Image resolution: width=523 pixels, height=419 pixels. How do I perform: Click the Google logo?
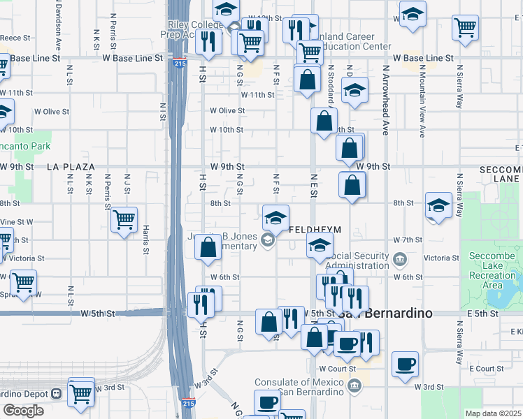point(23,411)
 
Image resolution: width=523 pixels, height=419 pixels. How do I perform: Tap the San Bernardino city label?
point(384,314)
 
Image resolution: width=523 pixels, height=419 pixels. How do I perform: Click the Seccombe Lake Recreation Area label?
point(493,270)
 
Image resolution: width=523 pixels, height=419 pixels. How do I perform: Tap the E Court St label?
point(487,368)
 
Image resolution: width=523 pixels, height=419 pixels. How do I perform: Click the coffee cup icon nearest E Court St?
point(406,365)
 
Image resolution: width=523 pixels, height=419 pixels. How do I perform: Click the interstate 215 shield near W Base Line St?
point(179,63)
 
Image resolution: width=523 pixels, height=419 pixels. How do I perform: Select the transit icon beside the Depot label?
point(56,392)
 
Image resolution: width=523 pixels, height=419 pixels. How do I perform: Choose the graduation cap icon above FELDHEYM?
point(276,217)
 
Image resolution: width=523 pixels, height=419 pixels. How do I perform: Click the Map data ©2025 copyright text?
point(494,413)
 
